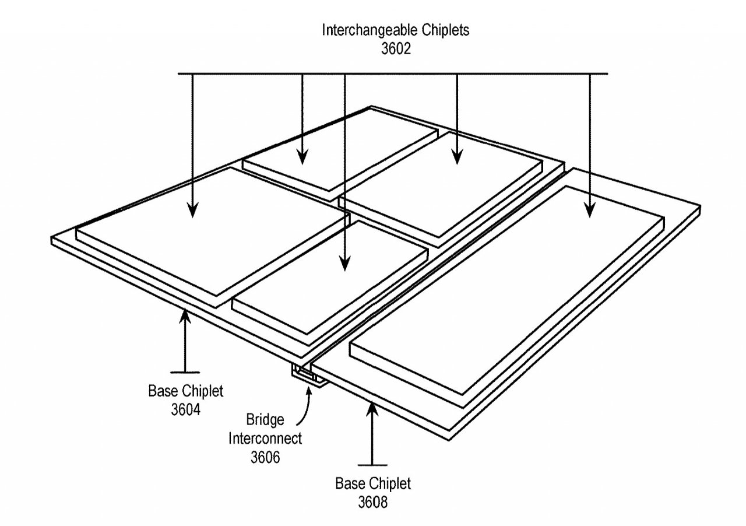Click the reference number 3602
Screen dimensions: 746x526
pyautogui.click(x=396, y=48)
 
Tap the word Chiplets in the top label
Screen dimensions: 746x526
pyautogui.click(x=446, y=30)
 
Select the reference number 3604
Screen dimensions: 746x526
pyautogui.click(x=186, y=410)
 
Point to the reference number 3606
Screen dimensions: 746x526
pyautogui.click(x=265, y=457)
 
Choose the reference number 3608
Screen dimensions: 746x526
pyautogui.click(x=372, y=502)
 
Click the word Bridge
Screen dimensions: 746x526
pyautogui.click(x=265, y=420)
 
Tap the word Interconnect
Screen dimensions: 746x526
pyautogui.click(x=265, y=439)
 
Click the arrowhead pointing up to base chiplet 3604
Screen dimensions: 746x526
pyautogui.click(x=185, y=316)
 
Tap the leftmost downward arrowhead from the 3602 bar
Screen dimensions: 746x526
pyautogui.click(x=192, y=210)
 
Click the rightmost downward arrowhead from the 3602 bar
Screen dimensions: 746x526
pyautogui.click(x=590, y=210)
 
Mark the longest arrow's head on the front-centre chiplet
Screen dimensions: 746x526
pyautogui.click(x=344, y=264)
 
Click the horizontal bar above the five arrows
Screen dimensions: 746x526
pyautogui.click(x=393, y=73)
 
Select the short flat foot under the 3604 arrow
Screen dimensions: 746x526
pyautogui.click(x=185, y=372)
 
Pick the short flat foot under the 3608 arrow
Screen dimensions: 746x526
pyautogui.click(x=372, y=465)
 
